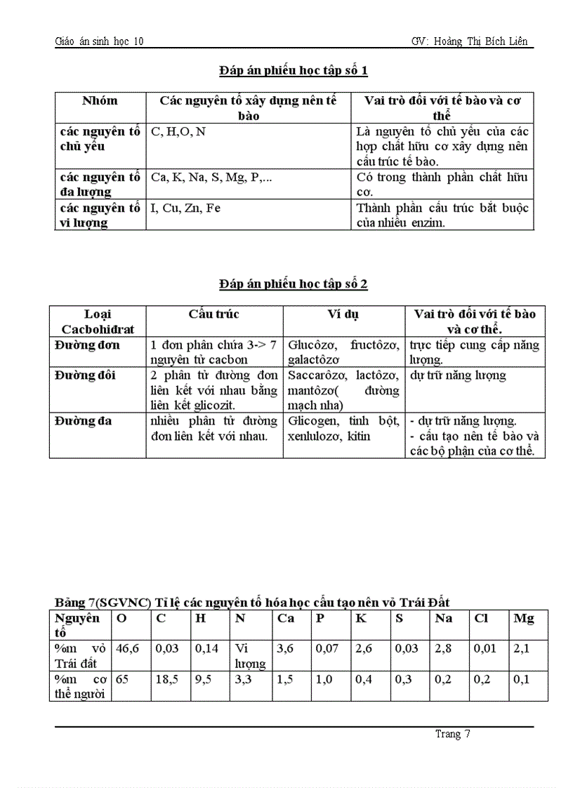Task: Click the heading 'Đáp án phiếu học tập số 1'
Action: pyautogui.click(x=294, y=70)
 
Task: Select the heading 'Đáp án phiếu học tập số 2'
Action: pyautogui.click(x=294, y=283)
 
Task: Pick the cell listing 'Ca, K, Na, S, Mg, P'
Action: pyautogui.click(x=211, y=178)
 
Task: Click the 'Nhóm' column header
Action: pyautogui.click(x=100, y=101)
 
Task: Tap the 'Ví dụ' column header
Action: pyautogui.click(x=343, y=314)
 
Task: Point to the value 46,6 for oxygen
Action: pyautogui.click(x=128, y=649)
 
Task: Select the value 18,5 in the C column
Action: pyautogui.click(x=166, y=679)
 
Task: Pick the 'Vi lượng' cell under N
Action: pyautogui.click(x=250, y=656)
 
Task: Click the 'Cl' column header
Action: pyautogui.click(x=482, y=618)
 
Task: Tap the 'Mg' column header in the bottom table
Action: pyautogui.click(x=524, y=618)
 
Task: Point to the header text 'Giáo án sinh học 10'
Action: pyautogui.click(x=99, y=41)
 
